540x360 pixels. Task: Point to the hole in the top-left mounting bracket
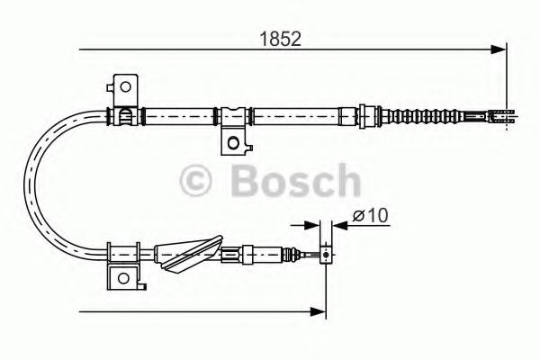coord(126,87)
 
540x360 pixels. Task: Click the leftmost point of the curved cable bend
coord(31,180)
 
